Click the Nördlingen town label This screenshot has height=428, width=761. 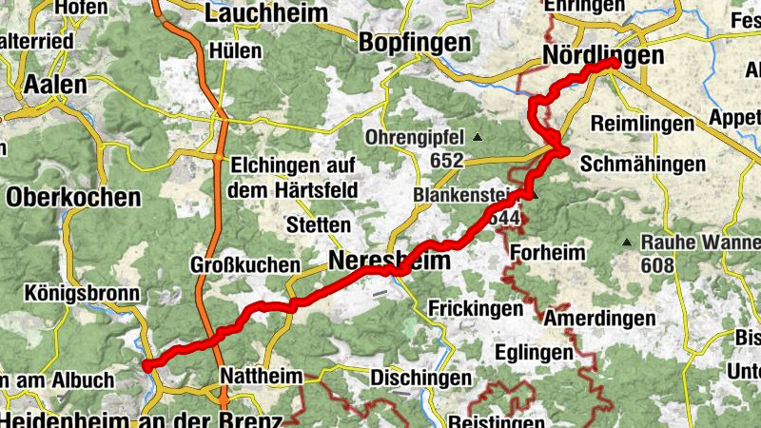pyautogui.click(x=602, y=55)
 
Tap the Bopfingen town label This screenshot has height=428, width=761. pyautogui.click(x=416, y=42)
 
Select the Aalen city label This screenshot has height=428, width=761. pyautogui.click(x=54, y=84)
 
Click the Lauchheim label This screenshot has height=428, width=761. pyautogui.click(x=265, y=13)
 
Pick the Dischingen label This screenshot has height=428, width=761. pyautogui.click(x=420, y=378)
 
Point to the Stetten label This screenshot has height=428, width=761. pyautogui.click(x=319, y=225)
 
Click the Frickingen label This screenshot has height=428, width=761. pyautogui.click(x=476, y=309)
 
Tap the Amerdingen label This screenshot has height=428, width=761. pyautogui.click(x=599, y=318)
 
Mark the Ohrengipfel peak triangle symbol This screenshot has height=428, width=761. pyautogui.click(x=478, y=137)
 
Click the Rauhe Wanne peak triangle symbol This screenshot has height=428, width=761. pyautogui.click(x=627, y=243)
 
